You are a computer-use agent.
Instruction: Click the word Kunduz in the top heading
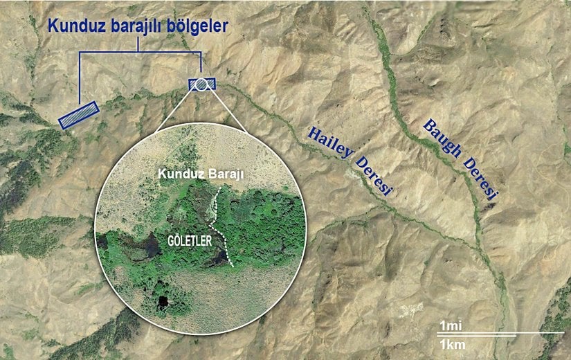click(x=73, y=27)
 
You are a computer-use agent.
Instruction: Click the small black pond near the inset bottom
click(x=163, y=302)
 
